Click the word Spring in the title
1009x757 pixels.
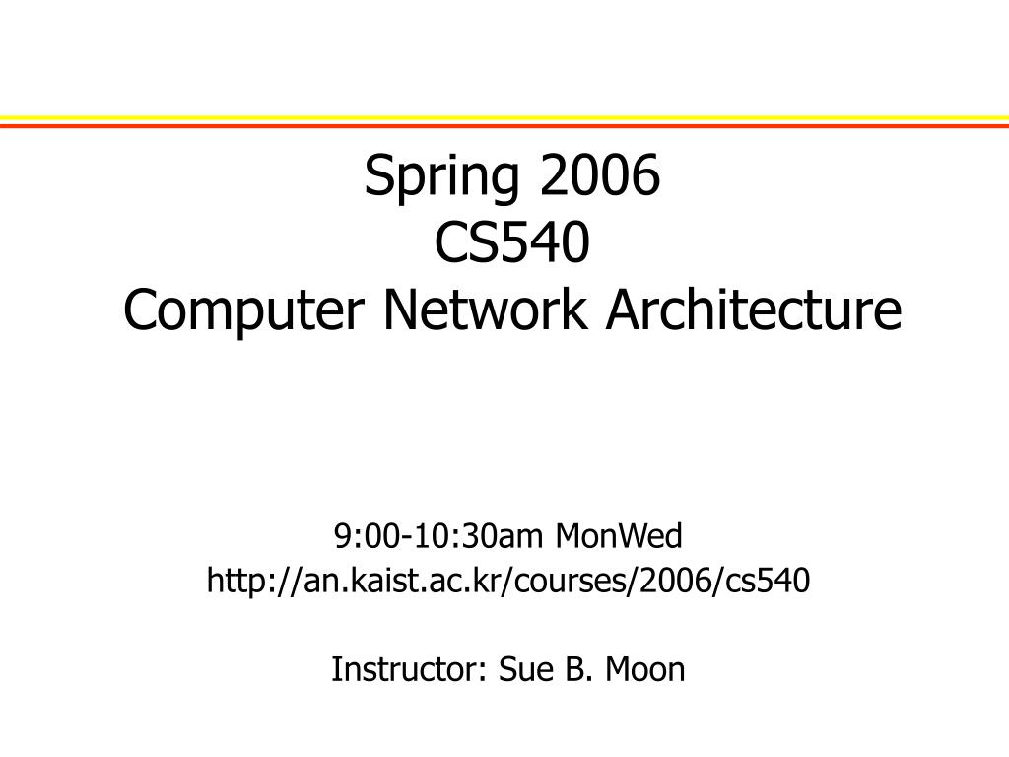click(443, 178)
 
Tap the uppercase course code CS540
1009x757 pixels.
click(512, 243)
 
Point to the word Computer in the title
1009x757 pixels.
click(246, 311)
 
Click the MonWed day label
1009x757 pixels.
click(619, 537)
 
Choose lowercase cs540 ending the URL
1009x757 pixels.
click(769, 582)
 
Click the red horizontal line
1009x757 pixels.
click(504, 126)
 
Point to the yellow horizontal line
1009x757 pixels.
click(504, 118)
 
